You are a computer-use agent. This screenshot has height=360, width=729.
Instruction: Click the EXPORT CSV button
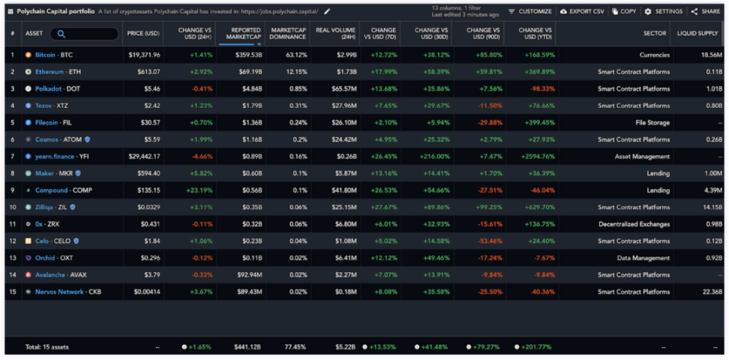coord(582,11)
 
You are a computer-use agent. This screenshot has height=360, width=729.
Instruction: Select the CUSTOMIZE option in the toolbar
coord(530,11)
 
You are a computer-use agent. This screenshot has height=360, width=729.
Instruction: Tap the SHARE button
coord(706,11)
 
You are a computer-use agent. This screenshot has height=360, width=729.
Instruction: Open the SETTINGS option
coord(664,11)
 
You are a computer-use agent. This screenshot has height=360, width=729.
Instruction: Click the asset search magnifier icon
coord(61,34)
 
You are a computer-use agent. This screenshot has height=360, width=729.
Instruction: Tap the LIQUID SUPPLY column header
coord(698,34)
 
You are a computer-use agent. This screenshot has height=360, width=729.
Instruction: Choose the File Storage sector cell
coord(652,123)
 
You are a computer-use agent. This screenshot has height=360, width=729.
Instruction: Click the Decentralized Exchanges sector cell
coord(634,224)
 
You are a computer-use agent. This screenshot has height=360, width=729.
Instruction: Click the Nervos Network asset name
coord(59,292)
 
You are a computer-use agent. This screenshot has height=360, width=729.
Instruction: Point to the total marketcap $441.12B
coord(247,347)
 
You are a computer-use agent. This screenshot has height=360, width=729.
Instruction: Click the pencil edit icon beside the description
coord(327,11)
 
